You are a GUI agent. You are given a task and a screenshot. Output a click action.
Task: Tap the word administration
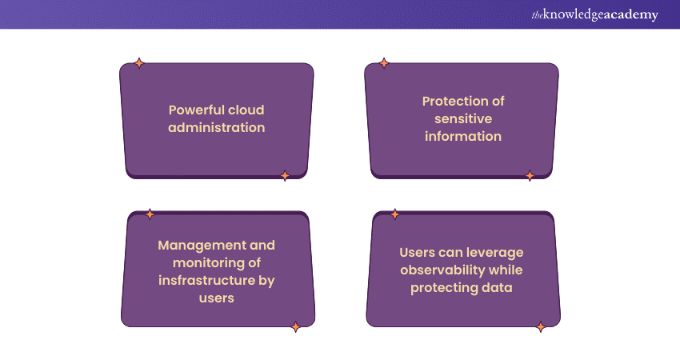217,127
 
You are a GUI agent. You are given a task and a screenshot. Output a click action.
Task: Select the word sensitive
463,119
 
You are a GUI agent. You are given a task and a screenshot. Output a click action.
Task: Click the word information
463,137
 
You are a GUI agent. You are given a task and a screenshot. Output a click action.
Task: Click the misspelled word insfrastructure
207,281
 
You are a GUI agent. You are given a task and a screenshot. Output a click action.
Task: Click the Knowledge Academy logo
594,14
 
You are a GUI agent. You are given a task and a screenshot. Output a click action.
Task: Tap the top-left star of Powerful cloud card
138,63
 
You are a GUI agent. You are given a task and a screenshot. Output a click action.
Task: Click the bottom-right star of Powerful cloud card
285,176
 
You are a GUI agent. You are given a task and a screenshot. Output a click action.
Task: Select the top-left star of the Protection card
384,63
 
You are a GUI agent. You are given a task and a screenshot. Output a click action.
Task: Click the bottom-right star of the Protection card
530,176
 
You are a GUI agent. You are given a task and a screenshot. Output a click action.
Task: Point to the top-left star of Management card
150,214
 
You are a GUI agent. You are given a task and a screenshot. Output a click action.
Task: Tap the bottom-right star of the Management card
295,326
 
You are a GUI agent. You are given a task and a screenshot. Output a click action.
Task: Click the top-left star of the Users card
394,214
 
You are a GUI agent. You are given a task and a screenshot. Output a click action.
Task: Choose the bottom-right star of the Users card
540,326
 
